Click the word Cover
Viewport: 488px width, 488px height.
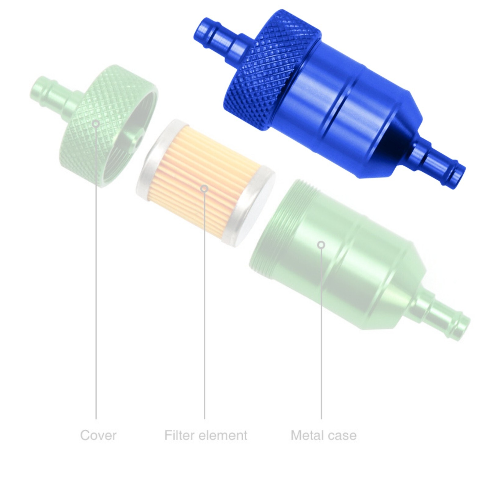click(x=98, y=435)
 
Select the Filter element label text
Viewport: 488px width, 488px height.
click(x=206, y=435)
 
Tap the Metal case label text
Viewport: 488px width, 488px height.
click(x=324, y=435)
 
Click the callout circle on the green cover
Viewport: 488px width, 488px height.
click(x=96, y=123)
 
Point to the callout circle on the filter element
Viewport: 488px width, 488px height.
click(x=204, y=188)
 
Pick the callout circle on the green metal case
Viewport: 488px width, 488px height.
click(x=321, y=245)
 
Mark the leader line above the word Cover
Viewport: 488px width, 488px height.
click(x=96, y=274)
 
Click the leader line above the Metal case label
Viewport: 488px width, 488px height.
click(x=321, y=335)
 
